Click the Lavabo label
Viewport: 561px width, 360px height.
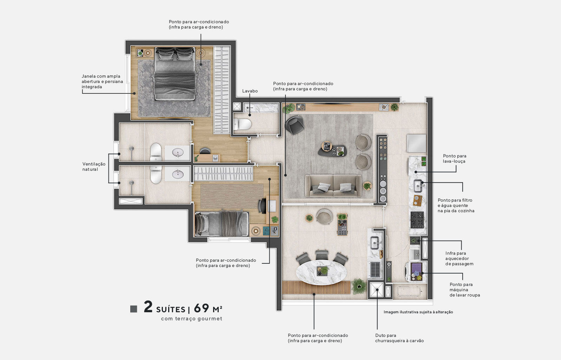click(x=250, y=91)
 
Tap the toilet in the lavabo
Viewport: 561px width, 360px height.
click(x=243, y=124)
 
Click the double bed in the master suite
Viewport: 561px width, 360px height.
click(x=175, y=74)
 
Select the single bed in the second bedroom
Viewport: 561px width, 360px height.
click(x=222, y=223)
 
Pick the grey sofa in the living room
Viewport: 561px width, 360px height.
click(x=333, y=185)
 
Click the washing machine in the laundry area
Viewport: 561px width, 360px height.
click(x=415, y=272)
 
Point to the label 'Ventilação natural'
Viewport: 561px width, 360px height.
click(x=93, y=166)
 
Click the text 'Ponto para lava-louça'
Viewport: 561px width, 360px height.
click(x=454, y=158)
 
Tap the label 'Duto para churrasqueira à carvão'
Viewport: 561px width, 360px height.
click(x=399, y=338)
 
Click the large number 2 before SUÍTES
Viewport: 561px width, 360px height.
click(x=148, y=307)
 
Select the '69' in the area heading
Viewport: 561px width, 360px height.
click(x=201, y=308)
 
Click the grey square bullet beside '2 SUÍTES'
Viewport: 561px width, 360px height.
click(x=133, y=309)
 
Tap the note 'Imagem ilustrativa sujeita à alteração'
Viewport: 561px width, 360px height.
click(x=418, y=312)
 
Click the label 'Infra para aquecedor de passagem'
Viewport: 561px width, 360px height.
click(x=459, y=258)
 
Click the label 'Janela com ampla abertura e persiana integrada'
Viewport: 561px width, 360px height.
click(x=102, y=81)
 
